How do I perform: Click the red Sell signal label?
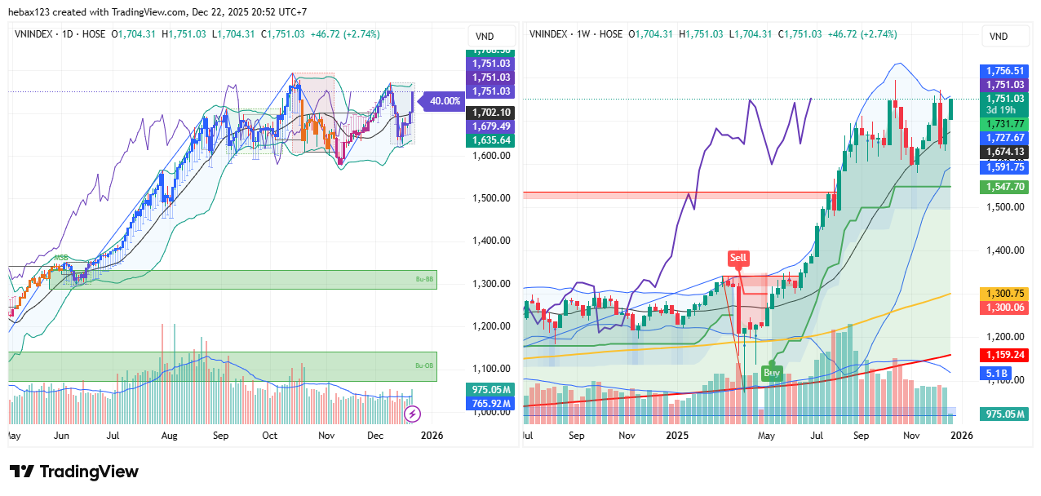(x=738, y=258)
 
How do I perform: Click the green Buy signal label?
(x=771, y=373)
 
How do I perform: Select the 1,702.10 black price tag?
(x=490, y=113)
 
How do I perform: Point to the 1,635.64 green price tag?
(x=490, y=140)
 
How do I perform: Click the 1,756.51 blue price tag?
(x=1003, y=71)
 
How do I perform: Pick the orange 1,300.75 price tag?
(x=1003, y=294)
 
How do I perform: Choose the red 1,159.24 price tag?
(x=1003, y=356)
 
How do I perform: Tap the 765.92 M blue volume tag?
(x=490, y=403)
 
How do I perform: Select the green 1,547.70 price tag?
(x=1003, y=187)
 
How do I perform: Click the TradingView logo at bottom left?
(x=74, y=472)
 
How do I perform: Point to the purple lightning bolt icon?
(x=412, y=414)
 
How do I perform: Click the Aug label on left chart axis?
(x=169, y=436)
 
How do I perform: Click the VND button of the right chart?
(x=998, y=36)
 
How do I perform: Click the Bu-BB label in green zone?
(x=422, y=279)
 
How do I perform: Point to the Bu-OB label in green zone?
(x=423, y=365)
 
